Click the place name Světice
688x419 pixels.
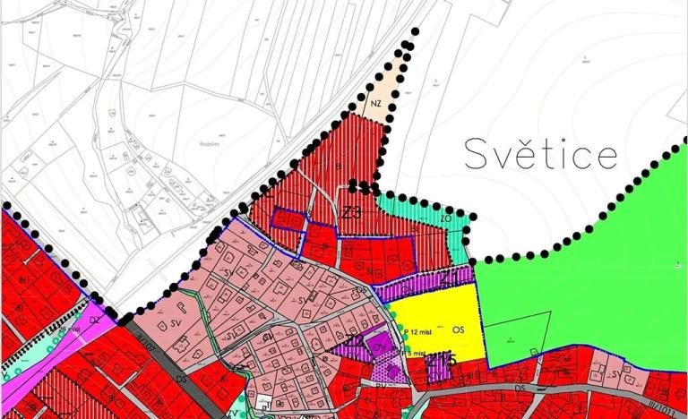click(x=541, y=154)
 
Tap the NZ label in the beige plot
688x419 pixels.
click(x=375, y=105)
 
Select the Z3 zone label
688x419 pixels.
click(x=350, y=213)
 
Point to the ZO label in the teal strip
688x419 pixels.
click(x=445, y=218)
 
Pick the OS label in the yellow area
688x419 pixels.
click(x=459, y=329)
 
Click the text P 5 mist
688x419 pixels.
click(x=410, y=354)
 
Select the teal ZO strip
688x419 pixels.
click(x=421, y=213)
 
